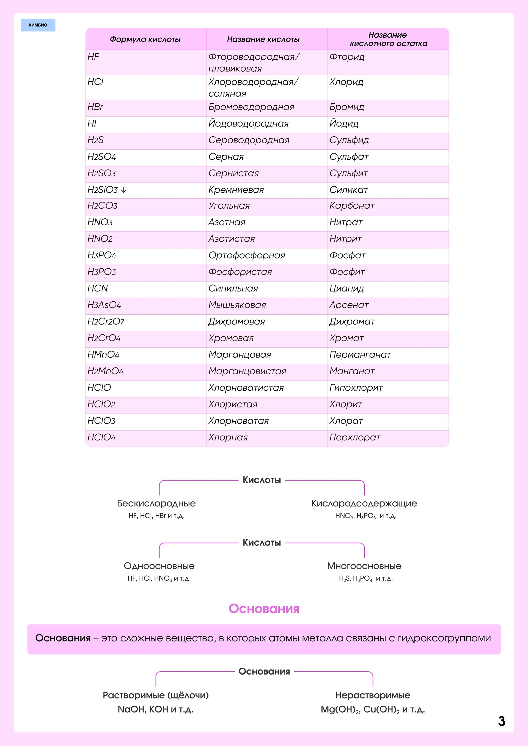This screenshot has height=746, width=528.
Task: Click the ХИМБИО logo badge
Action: pyautogui.click(x=38, y=25)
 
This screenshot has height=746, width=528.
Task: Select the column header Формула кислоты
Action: pyautogui.click(x=145, y=39)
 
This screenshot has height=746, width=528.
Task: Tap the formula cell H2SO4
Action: pyautogui.click(x=102, y=157)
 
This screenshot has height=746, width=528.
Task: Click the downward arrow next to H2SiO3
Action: pyautogui.click(x=123, y=190)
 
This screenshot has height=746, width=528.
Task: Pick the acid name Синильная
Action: pyautogui.click(x=233, y=289)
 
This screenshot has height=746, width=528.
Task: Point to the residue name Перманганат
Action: pyautogui.click(x=360, y=354)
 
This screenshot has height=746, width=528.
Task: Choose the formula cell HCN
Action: pyautogui.click(x=98, y=289)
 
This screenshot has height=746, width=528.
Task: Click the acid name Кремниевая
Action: pyautogui.click(x=236, y=190)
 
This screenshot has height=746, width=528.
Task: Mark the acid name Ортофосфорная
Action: pyautogui.click(x=247, y=255)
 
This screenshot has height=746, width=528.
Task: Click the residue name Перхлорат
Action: pyautogui.click(x=355, y=437)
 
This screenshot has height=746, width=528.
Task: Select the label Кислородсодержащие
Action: pyautogui.click(x=364, y=503)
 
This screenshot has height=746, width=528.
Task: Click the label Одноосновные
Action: pyautogui.click(x=159, y=566)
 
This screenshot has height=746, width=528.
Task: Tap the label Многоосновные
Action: pyautogui.click(x=364, y=566)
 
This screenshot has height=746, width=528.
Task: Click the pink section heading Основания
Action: pyautogui.click(x=264, y=609)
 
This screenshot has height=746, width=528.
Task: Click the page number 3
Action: pyautogui.click(x=501, y=721)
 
